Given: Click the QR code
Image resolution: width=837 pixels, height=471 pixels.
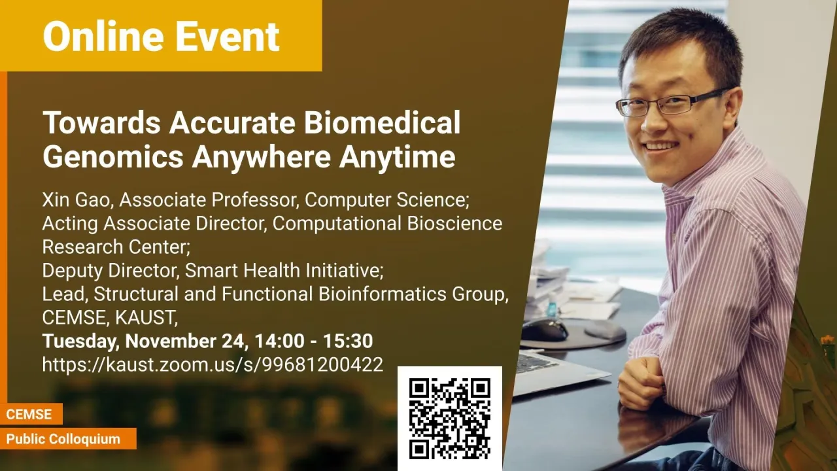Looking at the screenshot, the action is click(x=449, y=418).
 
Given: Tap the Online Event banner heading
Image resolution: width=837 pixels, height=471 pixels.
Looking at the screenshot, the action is click(x=161, y=36).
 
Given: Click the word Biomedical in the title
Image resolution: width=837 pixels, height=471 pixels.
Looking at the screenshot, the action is click(x=382, y=122).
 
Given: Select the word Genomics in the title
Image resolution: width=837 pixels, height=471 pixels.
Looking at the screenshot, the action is click(x=113, y=156).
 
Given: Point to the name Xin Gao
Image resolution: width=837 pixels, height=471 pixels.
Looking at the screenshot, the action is click(x=76, y=200).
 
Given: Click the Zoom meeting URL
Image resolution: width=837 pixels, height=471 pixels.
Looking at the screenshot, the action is click(x=213, y=364).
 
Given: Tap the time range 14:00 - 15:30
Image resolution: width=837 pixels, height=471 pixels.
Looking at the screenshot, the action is click(x=313, y=341).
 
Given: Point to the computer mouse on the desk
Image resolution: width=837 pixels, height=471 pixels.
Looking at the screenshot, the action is click(x=545, y=330).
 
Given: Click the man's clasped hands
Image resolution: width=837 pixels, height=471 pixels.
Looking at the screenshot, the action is click(x=642, y=382).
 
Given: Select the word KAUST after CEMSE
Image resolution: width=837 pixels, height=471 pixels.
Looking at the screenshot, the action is click(x=146, y=317).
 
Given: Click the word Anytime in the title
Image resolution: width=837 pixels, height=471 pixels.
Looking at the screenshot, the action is click(x=397, y=156).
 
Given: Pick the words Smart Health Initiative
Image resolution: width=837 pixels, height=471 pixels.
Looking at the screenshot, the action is click(x=284, y=270).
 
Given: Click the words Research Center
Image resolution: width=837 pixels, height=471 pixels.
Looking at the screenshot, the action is click(x=116, y=247).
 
